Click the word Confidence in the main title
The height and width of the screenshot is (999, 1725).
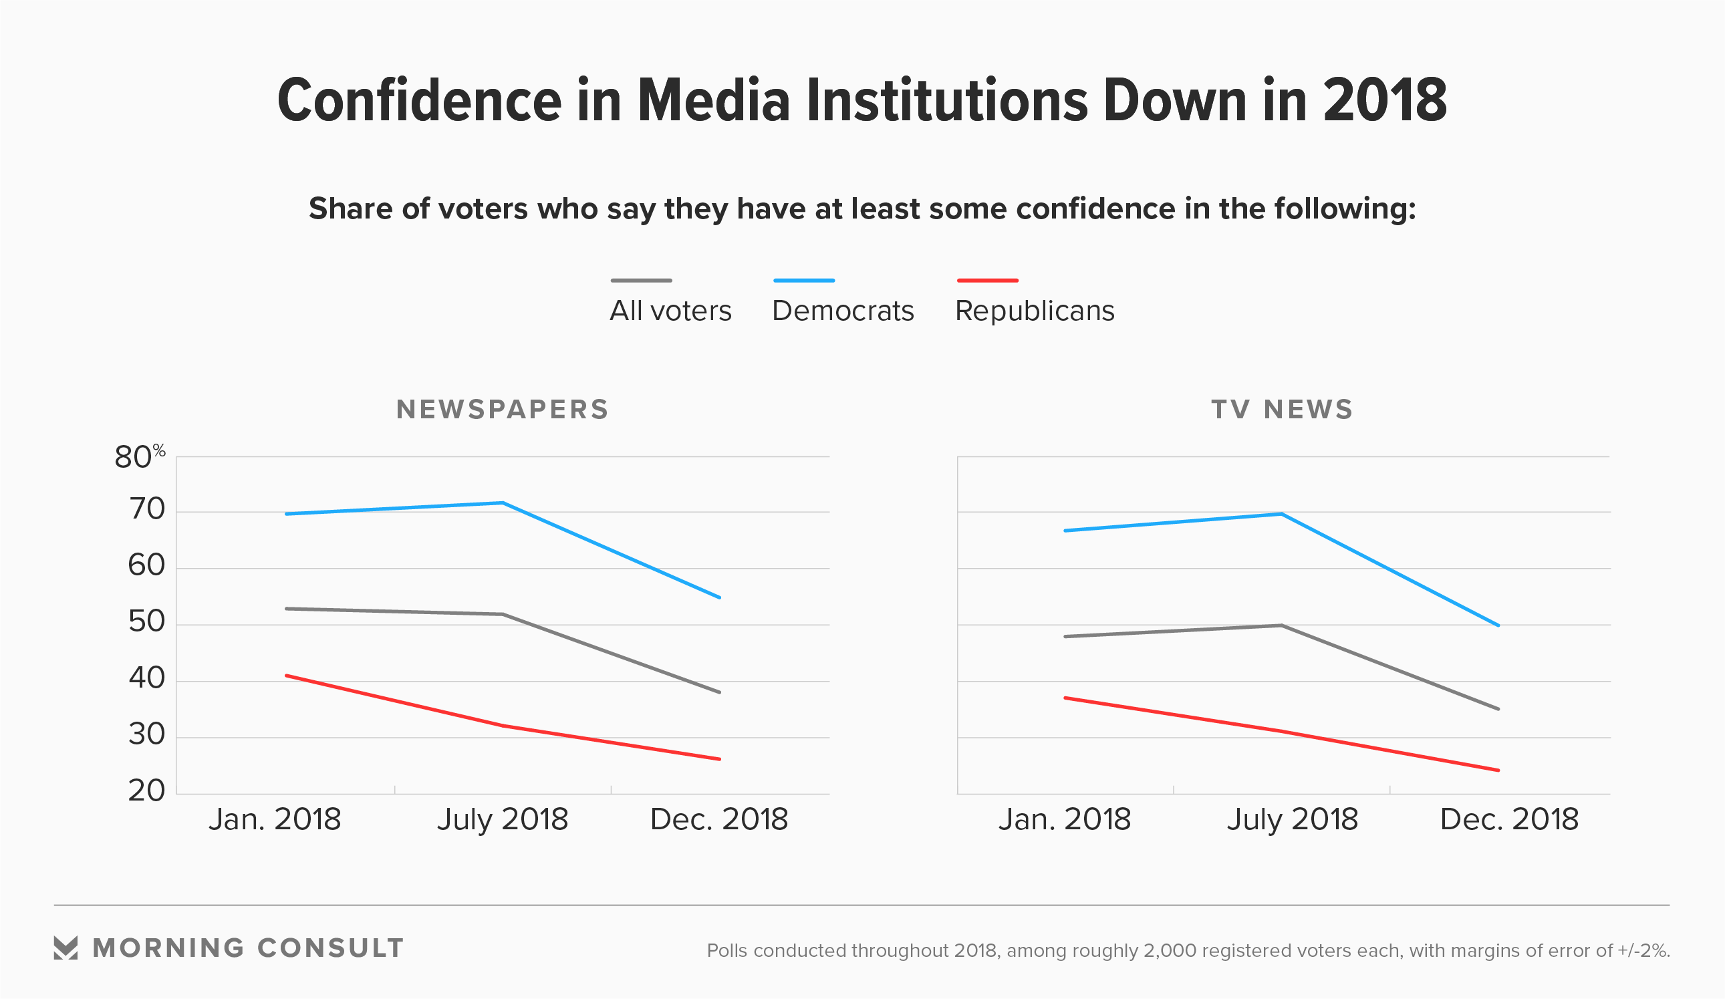coord(419,102)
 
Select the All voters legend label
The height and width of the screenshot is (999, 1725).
coord(670,311)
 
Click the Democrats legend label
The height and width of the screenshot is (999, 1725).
coord(843,311)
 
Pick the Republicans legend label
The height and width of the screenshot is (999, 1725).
coord(1035,311)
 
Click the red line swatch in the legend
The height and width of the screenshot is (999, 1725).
coord(987,281)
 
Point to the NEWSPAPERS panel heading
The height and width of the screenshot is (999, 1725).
coord(503,410)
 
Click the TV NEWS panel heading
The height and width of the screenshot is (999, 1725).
coord(1282,410)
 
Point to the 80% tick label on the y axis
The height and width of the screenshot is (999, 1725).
coord(139,457)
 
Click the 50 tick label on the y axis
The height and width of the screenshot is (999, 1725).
coord(146,622)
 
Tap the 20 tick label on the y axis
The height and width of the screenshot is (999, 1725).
coord(146,791)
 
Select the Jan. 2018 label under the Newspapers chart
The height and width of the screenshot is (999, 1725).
coord(275,820)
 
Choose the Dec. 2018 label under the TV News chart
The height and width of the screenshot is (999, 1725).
coord(1508,820)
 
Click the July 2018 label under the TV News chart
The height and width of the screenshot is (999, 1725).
coord(1292,820)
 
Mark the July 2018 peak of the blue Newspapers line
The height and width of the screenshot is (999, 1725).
coord(503,503)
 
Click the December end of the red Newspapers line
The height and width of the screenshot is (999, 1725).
coord(719,759)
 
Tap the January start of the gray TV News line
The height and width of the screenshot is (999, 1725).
coord(1065,636)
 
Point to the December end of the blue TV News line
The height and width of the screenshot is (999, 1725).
coord(1498,625)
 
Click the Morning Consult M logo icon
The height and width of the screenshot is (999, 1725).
coord(65,948)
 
